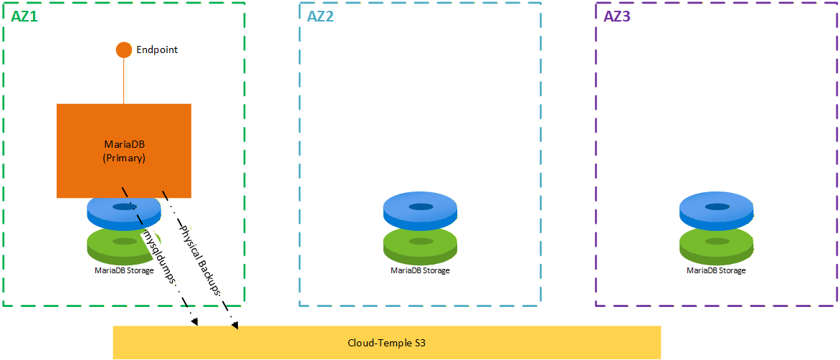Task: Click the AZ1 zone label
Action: click(25, 16)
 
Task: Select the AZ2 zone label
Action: click(320, 16)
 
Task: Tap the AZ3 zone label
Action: click(617, 16)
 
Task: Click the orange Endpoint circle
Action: click(124, 49)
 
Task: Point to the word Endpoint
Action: click(157, 49)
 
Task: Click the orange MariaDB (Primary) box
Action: click(124, 151)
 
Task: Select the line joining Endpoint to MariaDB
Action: click(124, 81)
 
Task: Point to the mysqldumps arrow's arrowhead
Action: click(195, 323)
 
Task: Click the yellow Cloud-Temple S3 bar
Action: click(387, 342)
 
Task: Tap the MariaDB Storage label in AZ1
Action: click(124, 270)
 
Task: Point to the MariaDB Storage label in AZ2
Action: click(421, 270)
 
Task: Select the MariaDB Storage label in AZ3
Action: click(716, 270)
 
